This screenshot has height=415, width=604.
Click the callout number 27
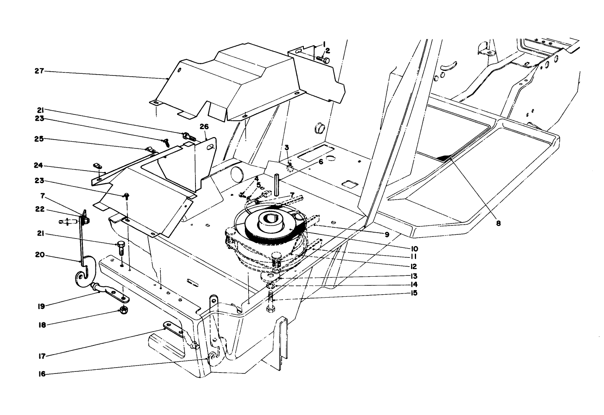pyautogui.click(x=39, y=71)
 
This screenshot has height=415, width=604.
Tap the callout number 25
pyautogui.click(x=39, y=139)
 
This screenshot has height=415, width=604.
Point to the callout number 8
pyautogui.click(x=498, y=223)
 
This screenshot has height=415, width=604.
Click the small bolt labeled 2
pyautogui.click(x=324, y=60)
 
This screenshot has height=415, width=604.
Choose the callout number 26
pyautogui.click(x=204, y=127)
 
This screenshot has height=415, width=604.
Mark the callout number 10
pyautogui.click(x=414, y=249)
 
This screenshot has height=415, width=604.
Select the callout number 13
pyautogui.click(x=414, y=276)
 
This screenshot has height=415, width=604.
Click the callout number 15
pyautogui.click(x=414, y=293)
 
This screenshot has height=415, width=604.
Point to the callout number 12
pyautogui.click(x=414, y=267)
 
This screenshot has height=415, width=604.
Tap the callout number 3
pyautogui.click(x=287, y=148)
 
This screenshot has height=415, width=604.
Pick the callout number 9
pyautogui.click(x=387, y=235)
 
